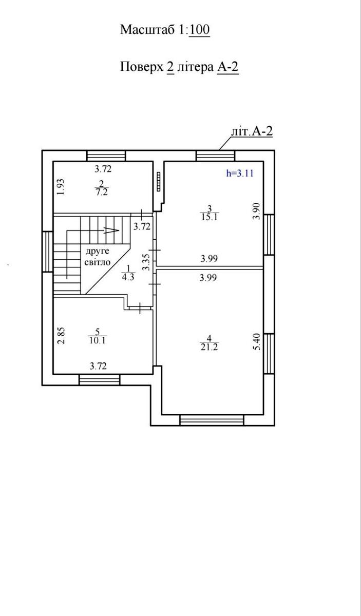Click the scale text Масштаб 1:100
click(x=165, y=30)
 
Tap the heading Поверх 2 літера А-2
click(x=179, y=67)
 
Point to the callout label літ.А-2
click(x=252, y=131)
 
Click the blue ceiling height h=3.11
click(x=239, y=174)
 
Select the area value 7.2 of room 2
click(x=102, y=192)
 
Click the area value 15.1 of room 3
click(x=210, y=217)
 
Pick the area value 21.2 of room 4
click(x=209, y=347)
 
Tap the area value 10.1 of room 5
click(x=98, y=340)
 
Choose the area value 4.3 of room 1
click(x=128, y=277)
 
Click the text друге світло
click(x=98, y=257)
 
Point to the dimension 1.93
click(x=61, y=187)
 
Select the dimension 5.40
click(x=256, y=341)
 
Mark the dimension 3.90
click(x=256, y=211)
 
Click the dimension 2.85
click(x=61, y=335)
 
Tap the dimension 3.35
click(x=147, y=262)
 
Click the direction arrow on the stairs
click(x=112, y=230)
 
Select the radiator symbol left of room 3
click(x=159, y=181)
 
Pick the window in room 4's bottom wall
click(x=212, y=420)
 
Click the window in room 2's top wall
click(x=106, y=156)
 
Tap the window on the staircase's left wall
click(x=47, y=252)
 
